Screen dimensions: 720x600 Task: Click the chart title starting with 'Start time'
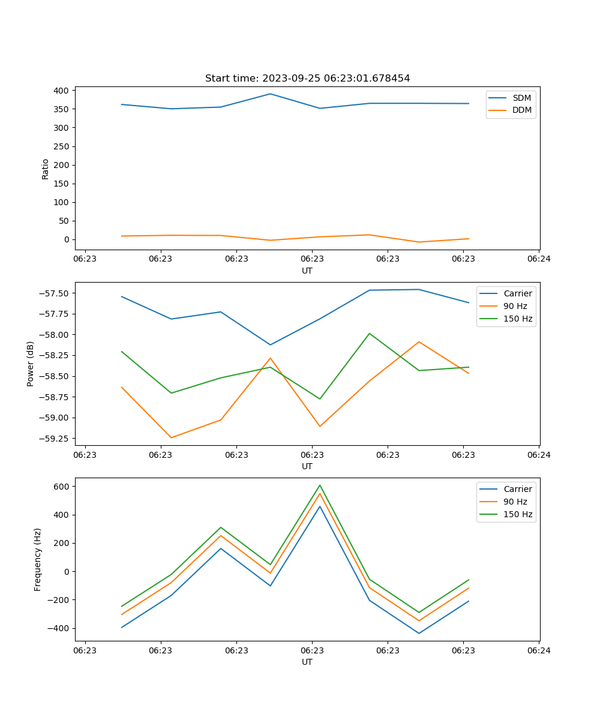click(307, 79)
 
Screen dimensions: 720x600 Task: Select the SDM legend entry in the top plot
click(521, 98)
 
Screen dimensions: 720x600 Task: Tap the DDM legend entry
click(521, 110)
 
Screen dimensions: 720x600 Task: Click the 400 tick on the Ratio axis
click(61, 91)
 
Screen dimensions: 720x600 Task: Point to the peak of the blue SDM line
click(270, 94)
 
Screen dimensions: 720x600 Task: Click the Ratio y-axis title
click(46, 169)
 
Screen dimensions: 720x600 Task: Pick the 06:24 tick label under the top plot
click(539, 259)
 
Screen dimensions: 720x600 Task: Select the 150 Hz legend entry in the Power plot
click(518, 319)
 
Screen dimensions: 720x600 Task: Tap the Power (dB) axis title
click(31, 364)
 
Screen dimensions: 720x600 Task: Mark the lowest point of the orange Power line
click(171, 437)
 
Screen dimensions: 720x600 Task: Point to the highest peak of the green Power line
click(369, 333)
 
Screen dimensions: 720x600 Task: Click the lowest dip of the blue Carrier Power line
click(270, 344)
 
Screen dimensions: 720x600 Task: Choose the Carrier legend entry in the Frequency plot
click(517, 489)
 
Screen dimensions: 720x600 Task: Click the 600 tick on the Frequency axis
click(61, 487)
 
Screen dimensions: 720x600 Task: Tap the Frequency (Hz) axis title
click(38, 559)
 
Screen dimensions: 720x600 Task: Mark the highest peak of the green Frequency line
click(320, 485)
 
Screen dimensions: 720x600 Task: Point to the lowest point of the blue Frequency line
click(419, 633)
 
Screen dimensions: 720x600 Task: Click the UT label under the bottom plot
click(307, 662)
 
